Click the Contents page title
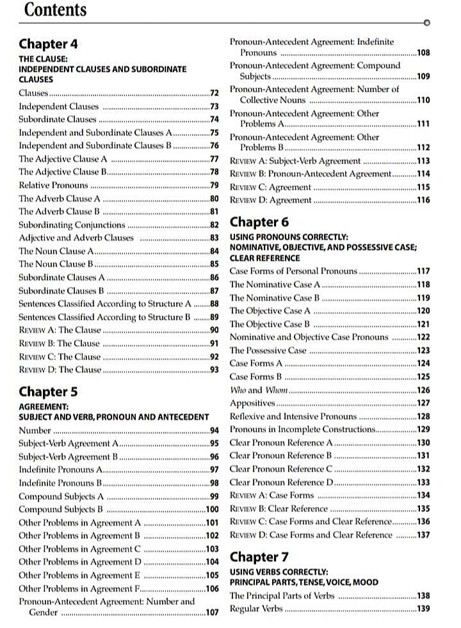click(54, 10)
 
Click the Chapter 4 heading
click(48, 44)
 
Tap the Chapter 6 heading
click(259, 222)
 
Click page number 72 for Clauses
click(215, 94)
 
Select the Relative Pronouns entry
click(53, 186)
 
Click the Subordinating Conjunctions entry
click(72, 225)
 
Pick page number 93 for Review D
click(215, 370)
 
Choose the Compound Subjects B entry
click(61, 510)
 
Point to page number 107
click(212, 613)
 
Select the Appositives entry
click(252, 403)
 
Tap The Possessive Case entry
click(268, 350)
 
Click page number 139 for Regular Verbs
click(423, 609)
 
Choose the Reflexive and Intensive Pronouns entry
click(293, 416)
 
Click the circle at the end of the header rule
click(426, 22)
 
